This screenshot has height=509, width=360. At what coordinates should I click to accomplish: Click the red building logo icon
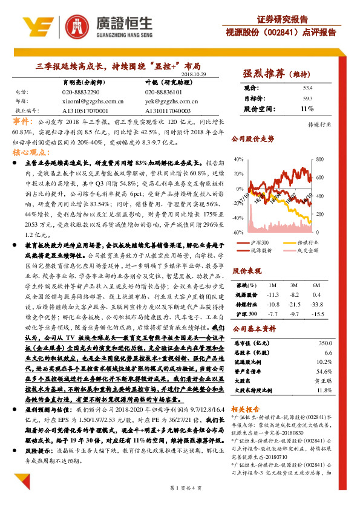(x=77, y=26)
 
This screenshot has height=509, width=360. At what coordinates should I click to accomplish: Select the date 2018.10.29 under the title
(x=193, y=74)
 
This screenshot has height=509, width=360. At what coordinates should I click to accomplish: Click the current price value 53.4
(x=307, y=88)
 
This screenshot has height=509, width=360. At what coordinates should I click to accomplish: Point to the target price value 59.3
(x=307, y=98)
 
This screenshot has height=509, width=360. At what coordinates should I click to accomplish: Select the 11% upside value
(x=307, y=109)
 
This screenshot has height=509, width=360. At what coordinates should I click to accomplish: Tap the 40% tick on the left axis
(x=238, y=160)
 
